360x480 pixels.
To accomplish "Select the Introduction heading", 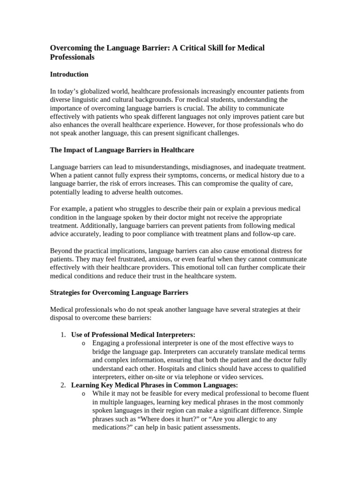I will click(x=69, y=74).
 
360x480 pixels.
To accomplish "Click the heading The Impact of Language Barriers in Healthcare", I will click(x=122, y=150).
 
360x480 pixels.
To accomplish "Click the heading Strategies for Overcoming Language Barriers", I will click(x=119, y=292).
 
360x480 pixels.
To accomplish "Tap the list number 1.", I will click(x=63, y=335).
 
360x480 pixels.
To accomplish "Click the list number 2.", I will click(x=63, y=385).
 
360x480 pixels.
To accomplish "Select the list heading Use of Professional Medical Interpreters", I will click(x=133, y=335).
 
